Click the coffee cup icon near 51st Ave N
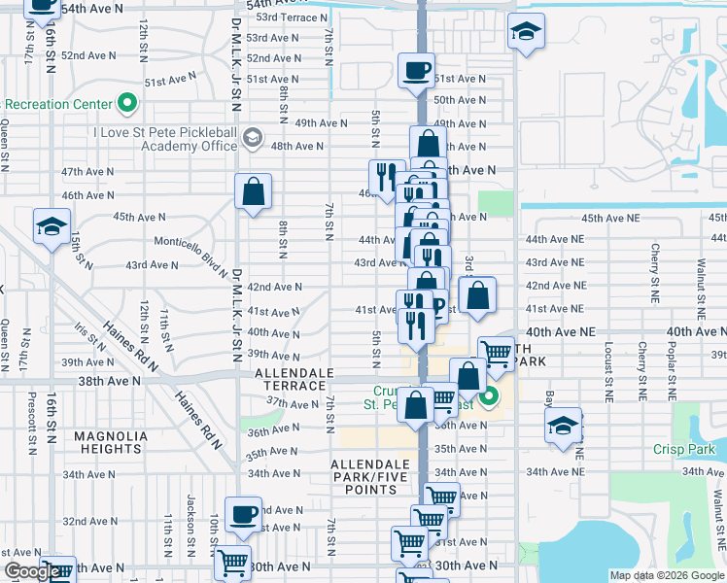417,71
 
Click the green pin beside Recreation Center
126,103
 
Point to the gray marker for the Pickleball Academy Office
253,136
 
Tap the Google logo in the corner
32,571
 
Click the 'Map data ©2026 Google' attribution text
667,575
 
